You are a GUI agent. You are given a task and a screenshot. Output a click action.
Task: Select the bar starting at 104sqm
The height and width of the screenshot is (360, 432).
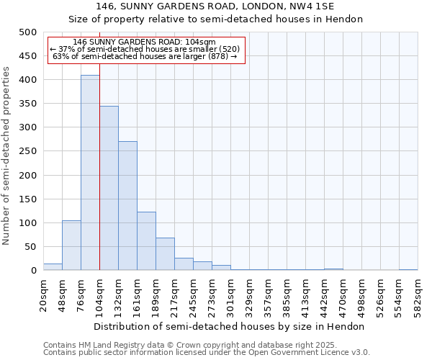coord(109,188)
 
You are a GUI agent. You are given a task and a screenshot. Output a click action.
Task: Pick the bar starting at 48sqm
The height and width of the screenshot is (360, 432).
coord(71,246)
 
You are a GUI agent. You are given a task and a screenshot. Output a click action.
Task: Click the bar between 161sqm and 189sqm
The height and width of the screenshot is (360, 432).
coord(146,241)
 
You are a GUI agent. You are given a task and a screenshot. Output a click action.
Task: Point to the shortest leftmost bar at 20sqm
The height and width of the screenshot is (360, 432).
coord(53,267)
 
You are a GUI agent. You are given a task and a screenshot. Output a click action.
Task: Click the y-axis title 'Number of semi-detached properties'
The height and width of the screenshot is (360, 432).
coord(7,156)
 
